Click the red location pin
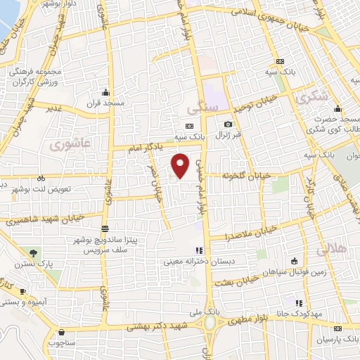click(181, 165)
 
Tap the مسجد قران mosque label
click(104, 103)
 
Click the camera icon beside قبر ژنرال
click(228, 124)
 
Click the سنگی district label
click(205, 107)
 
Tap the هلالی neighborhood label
click(330, 250)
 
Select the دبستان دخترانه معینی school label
click(198, 262)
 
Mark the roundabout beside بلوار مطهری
click(210, 322)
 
